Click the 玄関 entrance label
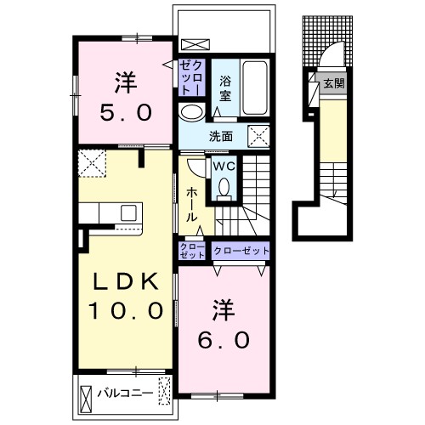coord(334,83)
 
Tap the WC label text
coord(224,167)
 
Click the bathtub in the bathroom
coord(255,88)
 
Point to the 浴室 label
coord(225,89)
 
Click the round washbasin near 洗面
coord(192,112)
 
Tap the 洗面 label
coord(221,137)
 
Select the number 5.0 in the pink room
coord(126,112)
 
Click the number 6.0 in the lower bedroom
coord(224,340)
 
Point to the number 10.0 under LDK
coord(126,310)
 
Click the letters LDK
coord(126,280)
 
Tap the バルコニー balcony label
coord(125,394)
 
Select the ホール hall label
coord(191,205)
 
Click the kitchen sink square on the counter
coord(129,212)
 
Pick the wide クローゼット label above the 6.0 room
coord(241,251)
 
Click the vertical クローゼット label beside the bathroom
coord(192,76)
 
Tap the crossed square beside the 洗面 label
coord(258,137)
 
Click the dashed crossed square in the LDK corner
coord(92,163)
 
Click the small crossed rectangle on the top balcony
coord(195,45)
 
